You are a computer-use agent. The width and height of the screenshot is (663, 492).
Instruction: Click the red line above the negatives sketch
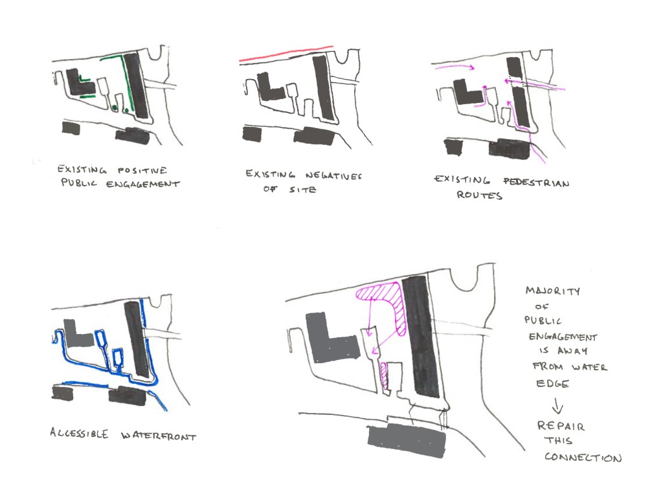click(286, 54)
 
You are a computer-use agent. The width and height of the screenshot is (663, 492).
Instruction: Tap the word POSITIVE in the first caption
click(142, 170)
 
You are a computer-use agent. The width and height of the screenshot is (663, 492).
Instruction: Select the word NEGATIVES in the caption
click(333, 175)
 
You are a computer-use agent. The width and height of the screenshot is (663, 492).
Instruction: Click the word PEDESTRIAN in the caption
click(536, 182)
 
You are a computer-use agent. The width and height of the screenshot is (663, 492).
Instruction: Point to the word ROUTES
click(479, 195)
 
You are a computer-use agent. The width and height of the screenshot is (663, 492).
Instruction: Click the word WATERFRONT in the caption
click(159, 436)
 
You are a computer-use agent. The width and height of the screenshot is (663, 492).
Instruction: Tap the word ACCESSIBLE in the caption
click(79, 433)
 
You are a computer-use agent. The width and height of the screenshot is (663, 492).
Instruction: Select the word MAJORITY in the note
click(553, 291)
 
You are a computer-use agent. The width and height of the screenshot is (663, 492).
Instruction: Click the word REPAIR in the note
click(561, 425)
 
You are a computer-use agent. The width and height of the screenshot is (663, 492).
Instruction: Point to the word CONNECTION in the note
click(583, 457)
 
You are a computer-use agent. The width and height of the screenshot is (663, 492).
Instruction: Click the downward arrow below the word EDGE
click(557, 405)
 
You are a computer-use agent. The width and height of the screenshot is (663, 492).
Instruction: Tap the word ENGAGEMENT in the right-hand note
click(563, 337)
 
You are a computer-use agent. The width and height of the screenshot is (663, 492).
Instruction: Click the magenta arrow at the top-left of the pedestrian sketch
click(453, 65)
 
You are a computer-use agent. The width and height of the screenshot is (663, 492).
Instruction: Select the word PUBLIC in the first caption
click(79, 183)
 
